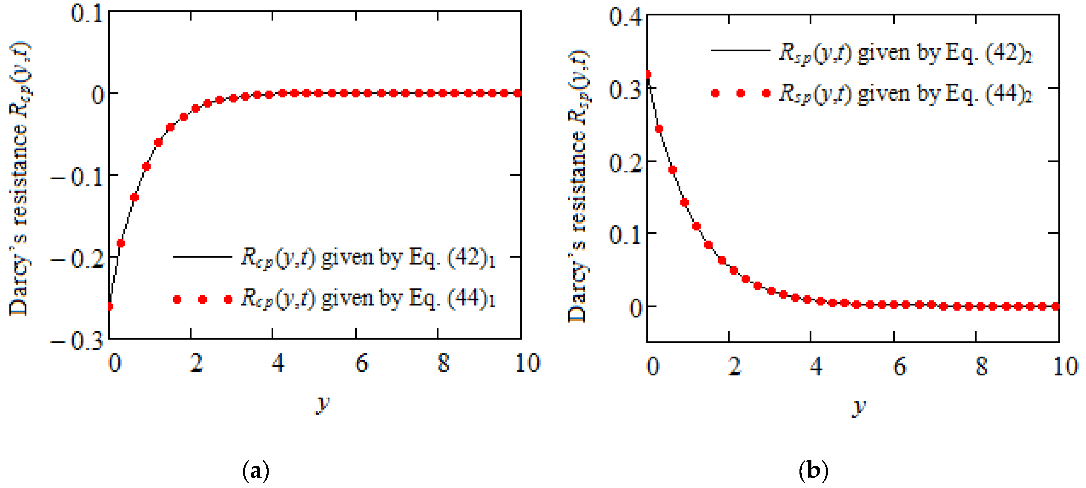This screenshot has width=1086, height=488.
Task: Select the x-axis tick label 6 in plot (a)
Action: [x=361, y=363]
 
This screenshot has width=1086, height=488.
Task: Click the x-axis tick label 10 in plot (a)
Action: [x=527, y=363]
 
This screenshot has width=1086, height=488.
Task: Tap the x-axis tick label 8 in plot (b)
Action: [x=981, y=367]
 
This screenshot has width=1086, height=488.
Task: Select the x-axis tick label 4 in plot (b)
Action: [x=816, y=367]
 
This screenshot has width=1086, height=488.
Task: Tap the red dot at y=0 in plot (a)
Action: [x=110, y=306]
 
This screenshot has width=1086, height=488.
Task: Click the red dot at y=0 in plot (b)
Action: [x=648, y=75]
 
